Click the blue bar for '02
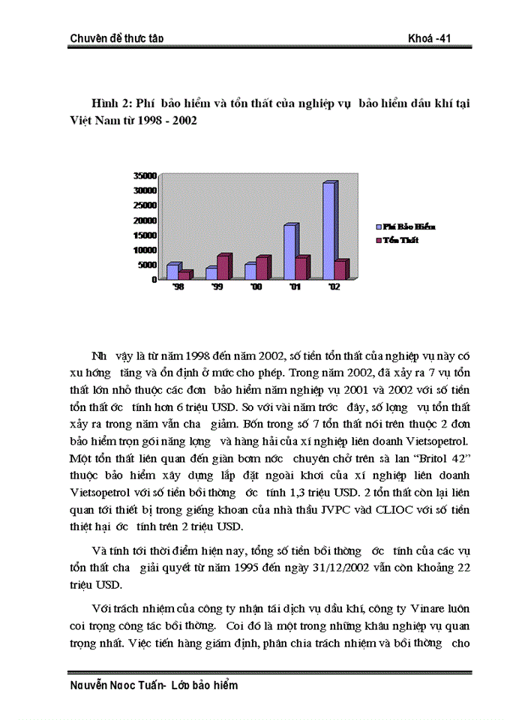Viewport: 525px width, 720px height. tap(328, 232)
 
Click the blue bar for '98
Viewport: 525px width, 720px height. tap(172, 271)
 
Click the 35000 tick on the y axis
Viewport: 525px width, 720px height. tap(144, 175)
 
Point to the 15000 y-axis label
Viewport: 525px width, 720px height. tap(144, 235)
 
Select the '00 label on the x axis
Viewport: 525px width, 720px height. tap(256, 287)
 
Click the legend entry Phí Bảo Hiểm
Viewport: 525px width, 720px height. tap(409, 226)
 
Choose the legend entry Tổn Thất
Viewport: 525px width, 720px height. tap(400, 240)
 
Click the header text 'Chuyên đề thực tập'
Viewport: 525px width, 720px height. tap(116, 38)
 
